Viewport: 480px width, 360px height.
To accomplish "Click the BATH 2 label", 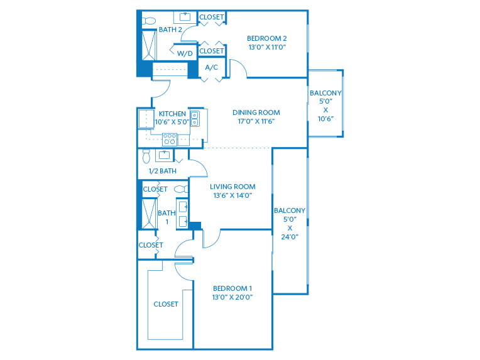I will point(170,29).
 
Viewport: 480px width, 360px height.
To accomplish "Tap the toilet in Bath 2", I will point(148,21).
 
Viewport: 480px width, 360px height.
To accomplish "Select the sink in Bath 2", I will point(186,16).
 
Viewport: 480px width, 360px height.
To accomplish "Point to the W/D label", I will point(185,53).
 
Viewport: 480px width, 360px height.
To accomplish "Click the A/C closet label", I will point(211,67).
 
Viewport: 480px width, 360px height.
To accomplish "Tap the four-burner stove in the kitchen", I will point(170,139).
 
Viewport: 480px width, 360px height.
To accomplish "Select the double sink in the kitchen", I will point(195,119).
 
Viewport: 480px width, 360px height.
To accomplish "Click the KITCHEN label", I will point(172,114).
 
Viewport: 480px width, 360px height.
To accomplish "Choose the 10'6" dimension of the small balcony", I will point(325,119).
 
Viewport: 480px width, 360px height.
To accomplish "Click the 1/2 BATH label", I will point(162,170).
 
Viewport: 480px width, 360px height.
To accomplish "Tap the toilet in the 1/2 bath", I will point(146,155).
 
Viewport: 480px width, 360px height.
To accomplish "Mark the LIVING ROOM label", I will point(232,186).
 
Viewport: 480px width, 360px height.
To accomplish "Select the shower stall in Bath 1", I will point(150,212).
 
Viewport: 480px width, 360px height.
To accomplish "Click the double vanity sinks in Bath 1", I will point(183,213).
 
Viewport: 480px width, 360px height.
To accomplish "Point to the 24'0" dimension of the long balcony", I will point(290,237).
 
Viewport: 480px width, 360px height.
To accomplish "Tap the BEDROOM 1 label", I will point(232,288).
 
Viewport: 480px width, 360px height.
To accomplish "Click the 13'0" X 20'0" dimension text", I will point(232,297).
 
